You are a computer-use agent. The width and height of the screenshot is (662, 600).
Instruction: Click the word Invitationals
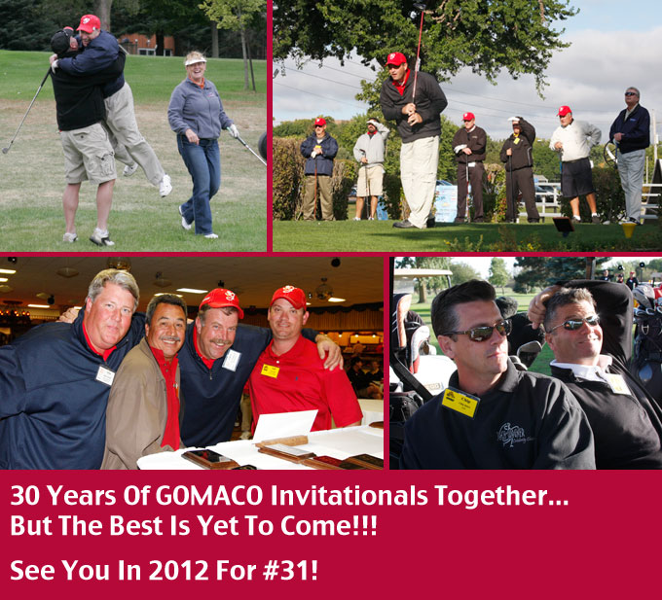pos(349,495)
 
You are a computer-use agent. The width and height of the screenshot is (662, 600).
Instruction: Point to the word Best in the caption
pos(136,526)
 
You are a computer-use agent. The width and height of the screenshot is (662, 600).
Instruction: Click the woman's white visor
pos(195,60)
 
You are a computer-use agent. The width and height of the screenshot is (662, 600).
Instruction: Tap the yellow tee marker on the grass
pos(629,229)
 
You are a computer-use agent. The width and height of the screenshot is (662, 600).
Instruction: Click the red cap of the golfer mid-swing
pos(396,59)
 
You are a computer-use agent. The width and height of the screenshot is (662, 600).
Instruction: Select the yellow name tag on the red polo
pos(270,371)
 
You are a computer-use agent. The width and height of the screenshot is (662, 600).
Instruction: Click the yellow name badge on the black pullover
pos(460,403)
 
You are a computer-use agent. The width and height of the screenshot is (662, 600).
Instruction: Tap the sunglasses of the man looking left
pos(480,331)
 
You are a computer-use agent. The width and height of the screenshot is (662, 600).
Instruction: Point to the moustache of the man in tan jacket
pos(169,338)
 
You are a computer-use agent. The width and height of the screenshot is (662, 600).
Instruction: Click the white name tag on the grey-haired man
pos(105,375)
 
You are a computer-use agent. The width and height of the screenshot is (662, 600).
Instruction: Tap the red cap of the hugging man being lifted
pos(89,23)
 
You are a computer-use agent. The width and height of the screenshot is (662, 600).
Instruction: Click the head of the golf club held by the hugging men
pos(6,149)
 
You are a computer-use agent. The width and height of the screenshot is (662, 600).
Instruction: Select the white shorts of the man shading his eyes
pos(370,181)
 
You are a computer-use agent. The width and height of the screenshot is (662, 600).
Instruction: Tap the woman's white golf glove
pos(233,130)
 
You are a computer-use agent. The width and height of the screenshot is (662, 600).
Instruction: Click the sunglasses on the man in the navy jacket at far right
pos(631,93)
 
